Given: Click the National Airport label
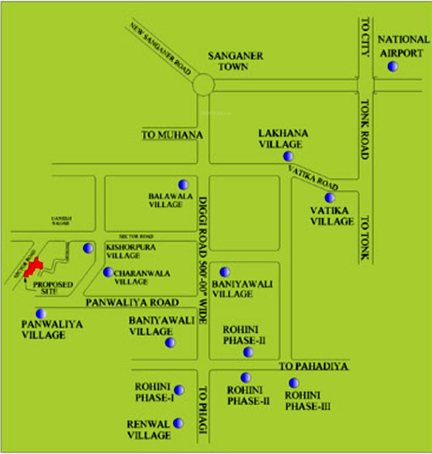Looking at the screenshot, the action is [x=404, y=46].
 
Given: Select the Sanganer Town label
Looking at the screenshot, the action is [x=235, y=61].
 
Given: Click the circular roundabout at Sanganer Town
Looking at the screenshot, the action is [x=203, y=85].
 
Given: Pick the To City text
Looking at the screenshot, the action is [x=365, y=37].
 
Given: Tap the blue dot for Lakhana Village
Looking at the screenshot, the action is [x=288, y=156].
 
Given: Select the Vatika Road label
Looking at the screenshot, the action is [x=313, y=176].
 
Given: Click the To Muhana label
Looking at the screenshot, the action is [x=173, y=135].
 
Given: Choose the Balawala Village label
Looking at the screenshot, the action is [x=165, y=199].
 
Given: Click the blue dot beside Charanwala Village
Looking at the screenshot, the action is [x=108, y=273].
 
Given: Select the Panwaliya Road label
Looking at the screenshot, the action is [x=132, y=303].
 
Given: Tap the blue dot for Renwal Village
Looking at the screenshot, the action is [x=178, y=423].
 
